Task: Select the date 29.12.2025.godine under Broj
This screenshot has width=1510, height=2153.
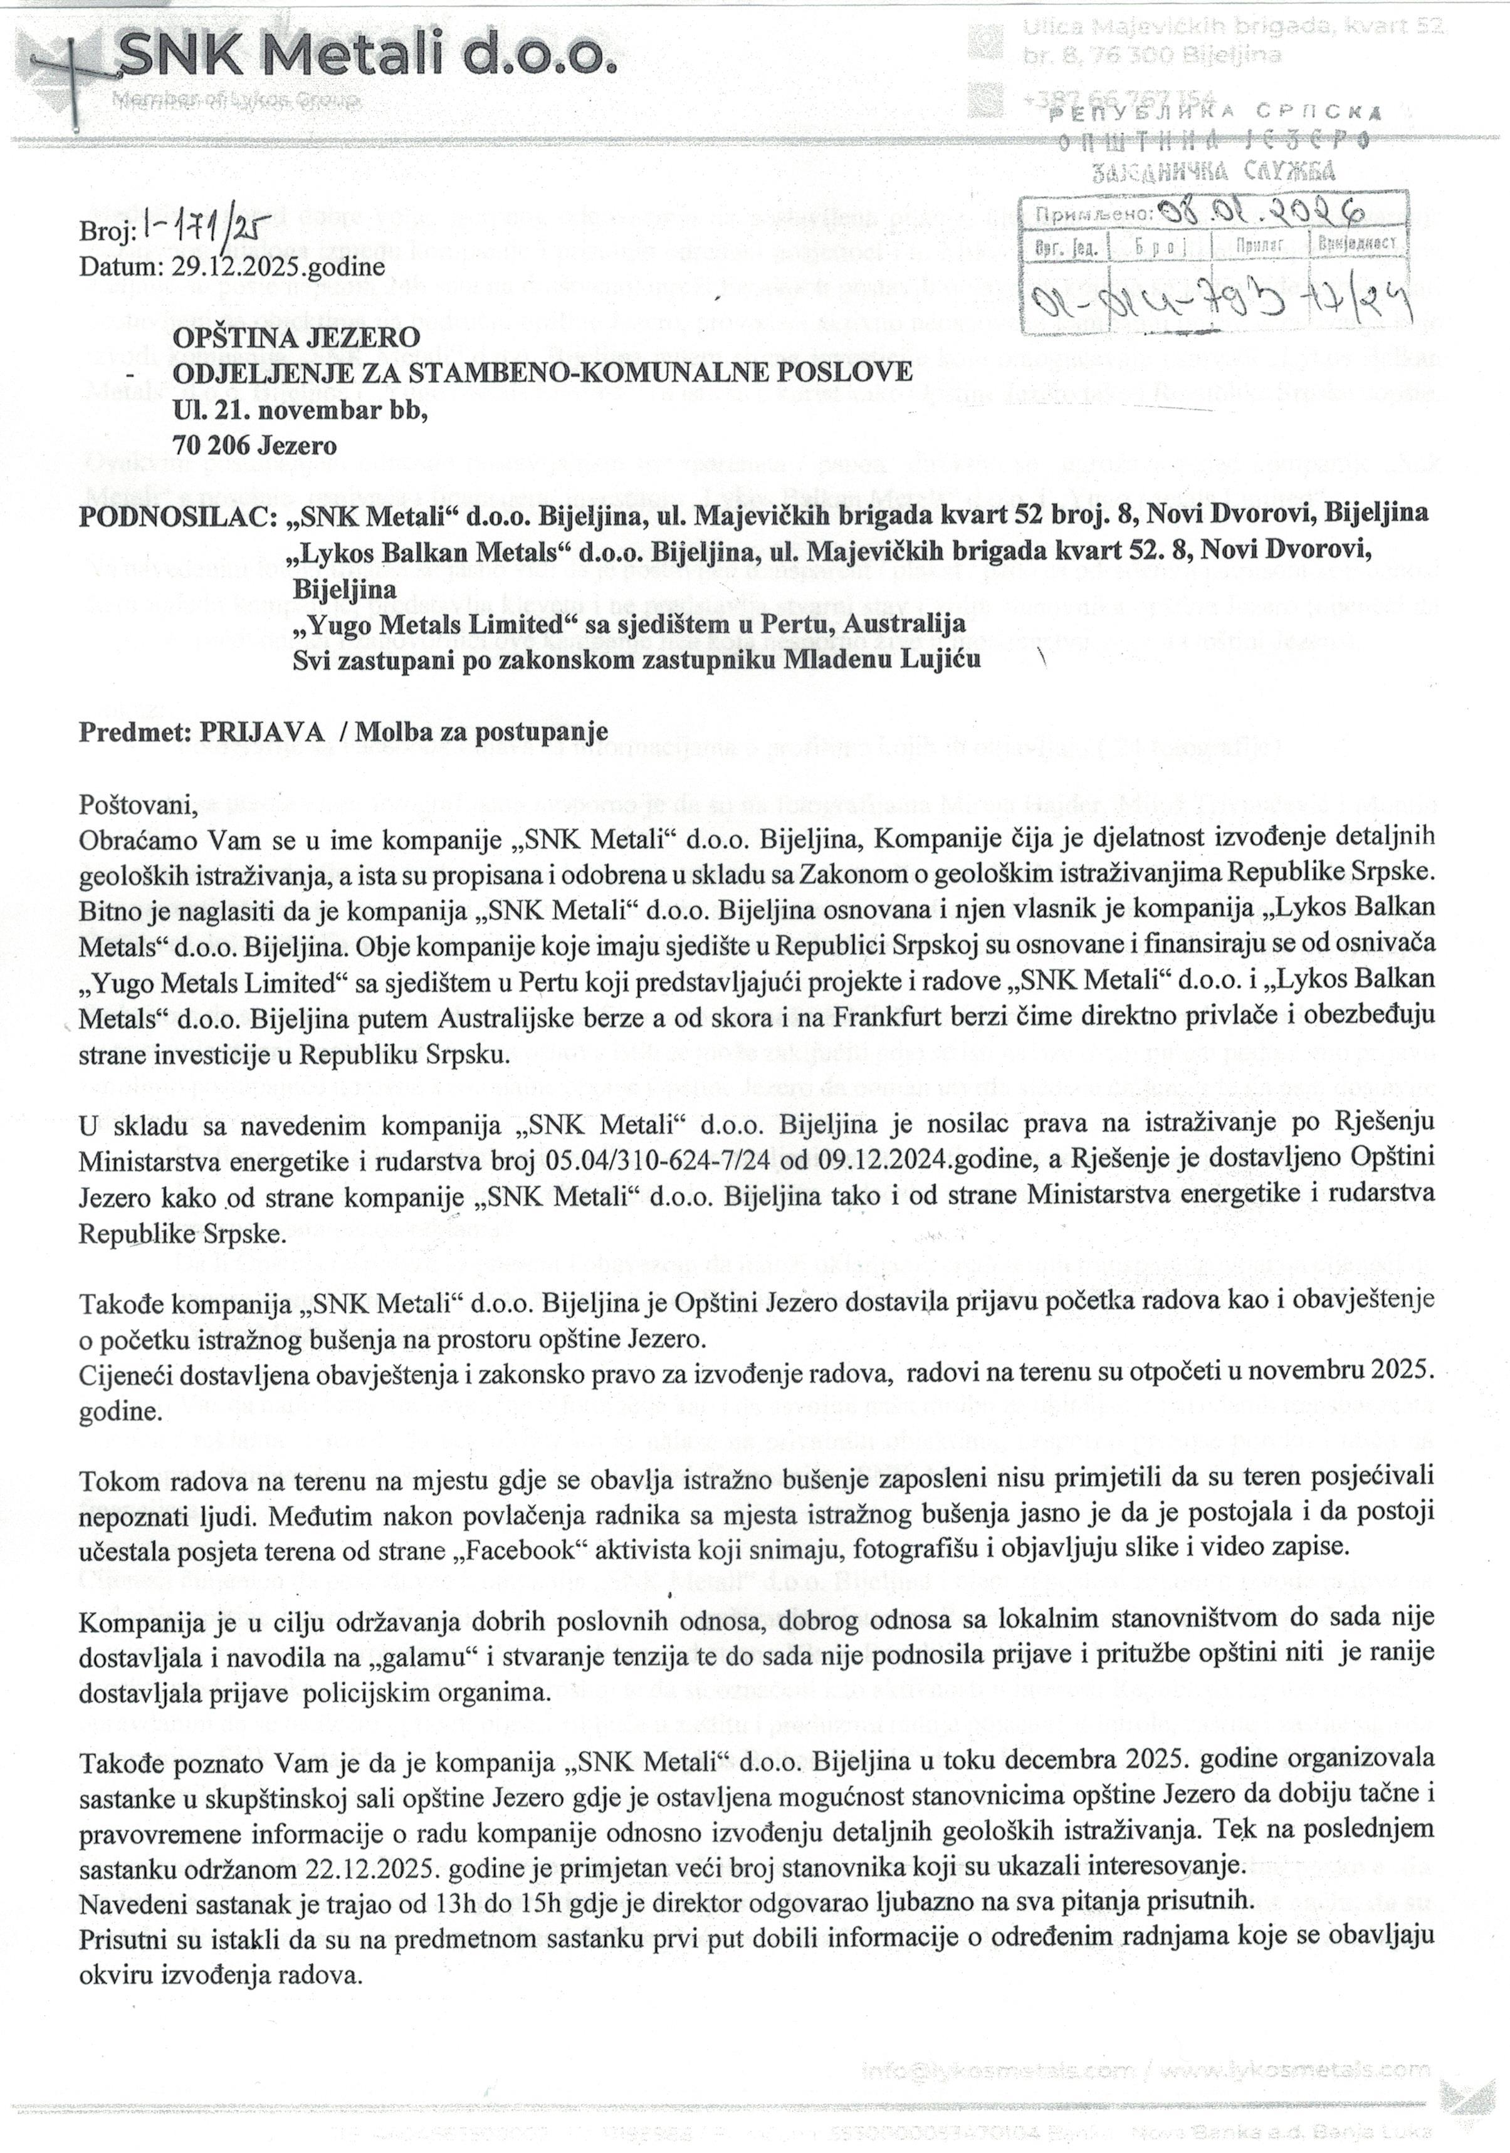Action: [x=278, y=266]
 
